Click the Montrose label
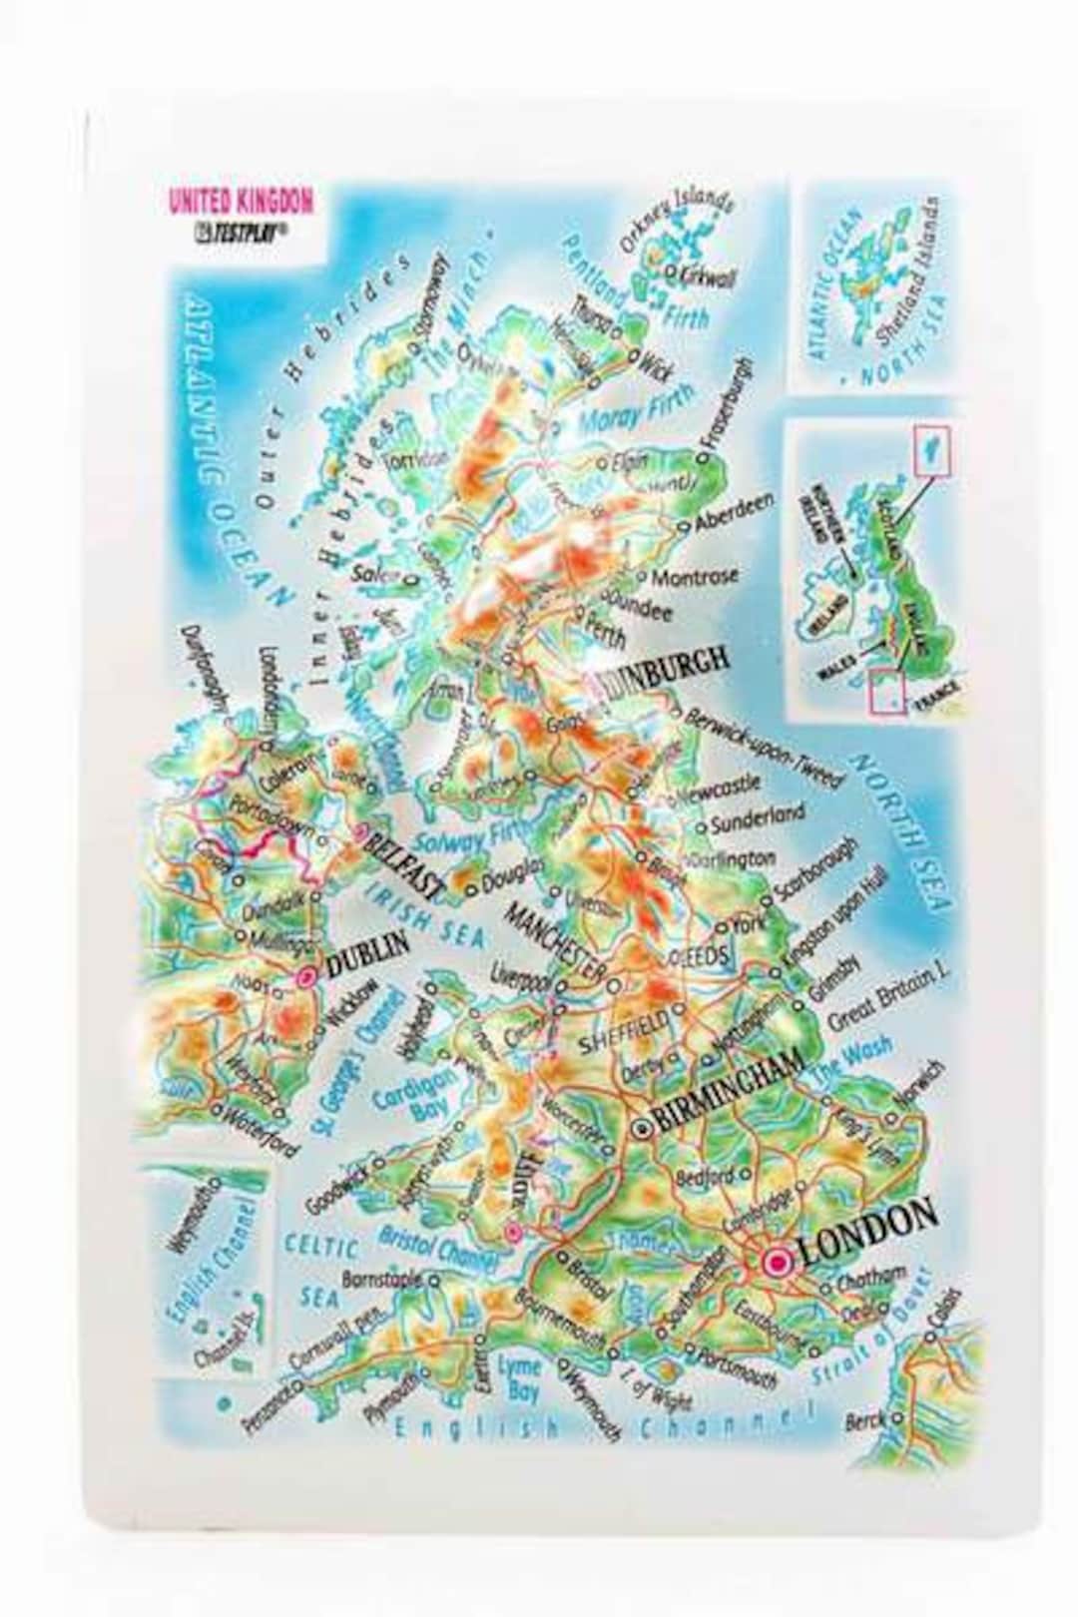[695, 576]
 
